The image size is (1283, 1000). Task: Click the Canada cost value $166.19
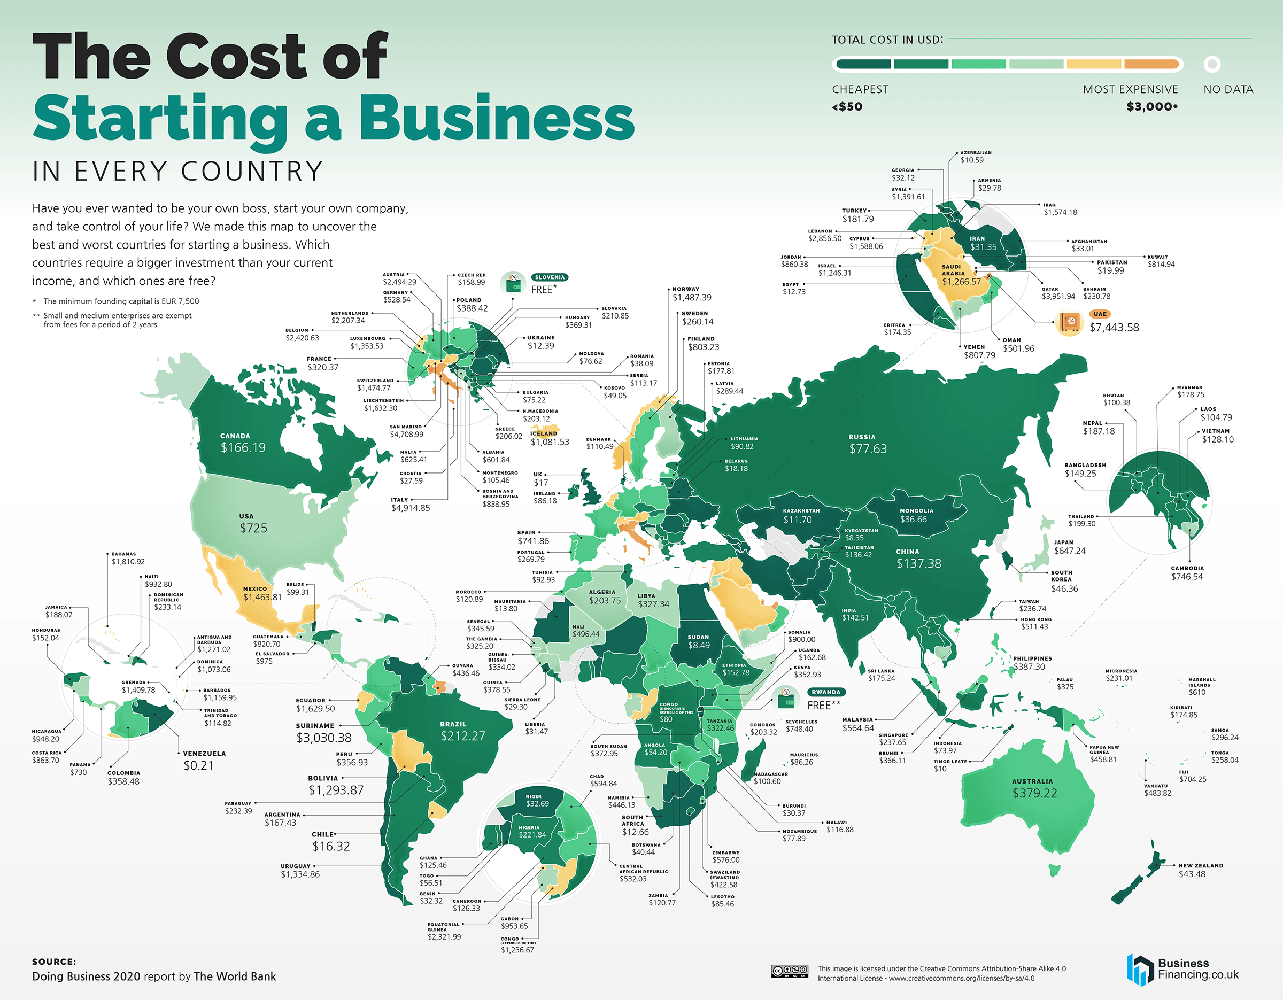[243, 447]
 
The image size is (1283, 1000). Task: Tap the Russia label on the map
[862, 437]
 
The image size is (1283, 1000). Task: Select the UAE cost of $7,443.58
[1114, 328]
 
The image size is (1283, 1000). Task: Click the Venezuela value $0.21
[198, 765]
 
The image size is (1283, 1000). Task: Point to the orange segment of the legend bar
[1151, 64]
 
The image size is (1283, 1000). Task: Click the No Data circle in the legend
[1211, 64]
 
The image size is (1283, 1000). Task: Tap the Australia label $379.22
[1034, 793]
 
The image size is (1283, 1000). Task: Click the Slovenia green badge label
[549, 277]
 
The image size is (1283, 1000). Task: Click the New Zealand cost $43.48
[1192, 874]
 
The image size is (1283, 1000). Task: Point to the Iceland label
[543, 433]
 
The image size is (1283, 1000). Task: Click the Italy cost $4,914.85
[410, 508]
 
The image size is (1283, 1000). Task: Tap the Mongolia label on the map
[916, 511]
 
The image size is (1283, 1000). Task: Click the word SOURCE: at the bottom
[54, 962]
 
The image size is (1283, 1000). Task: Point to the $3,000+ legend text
[1151, 107]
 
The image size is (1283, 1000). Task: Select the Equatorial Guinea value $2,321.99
[444, 936]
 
